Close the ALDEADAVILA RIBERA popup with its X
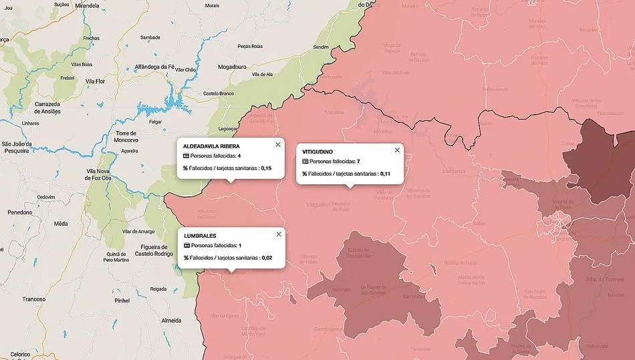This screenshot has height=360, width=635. coord(278,144)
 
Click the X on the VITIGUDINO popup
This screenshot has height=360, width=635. coord(397,150)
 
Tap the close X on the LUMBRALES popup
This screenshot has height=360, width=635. coord(278,234)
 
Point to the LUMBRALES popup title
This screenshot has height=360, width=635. coord(200,236)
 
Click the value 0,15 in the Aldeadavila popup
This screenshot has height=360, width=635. coord(266,168)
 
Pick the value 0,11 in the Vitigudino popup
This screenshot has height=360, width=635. coord(385,173)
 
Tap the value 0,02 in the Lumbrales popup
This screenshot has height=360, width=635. coord(267,257)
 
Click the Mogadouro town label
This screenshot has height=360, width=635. coord(233,67)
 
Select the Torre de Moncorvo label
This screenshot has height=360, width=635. coord(126,138)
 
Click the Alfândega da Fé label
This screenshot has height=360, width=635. coord(154,67)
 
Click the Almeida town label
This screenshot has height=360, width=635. coord(172,321)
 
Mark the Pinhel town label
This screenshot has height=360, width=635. coord(122,301)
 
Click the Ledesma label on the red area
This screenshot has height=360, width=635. coord(453,171)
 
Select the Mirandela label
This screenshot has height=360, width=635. coord(87,5)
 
